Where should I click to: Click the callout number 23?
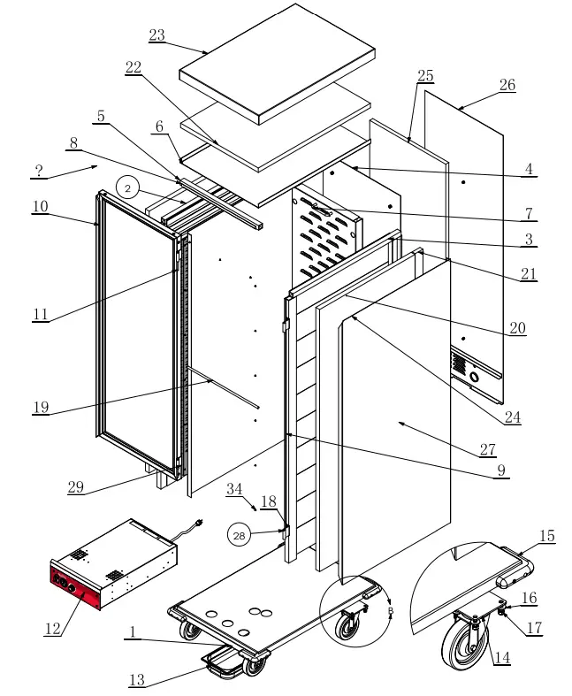(156, 35)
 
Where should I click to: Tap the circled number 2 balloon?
(127, 188)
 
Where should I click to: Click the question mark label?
(39, 168)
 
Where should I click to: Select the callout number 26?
(507, 85)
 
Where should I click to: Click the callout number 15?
(547, 536)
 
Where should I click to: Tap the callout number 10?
(41, 206)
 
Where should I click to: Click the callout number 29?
(76, 486)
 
